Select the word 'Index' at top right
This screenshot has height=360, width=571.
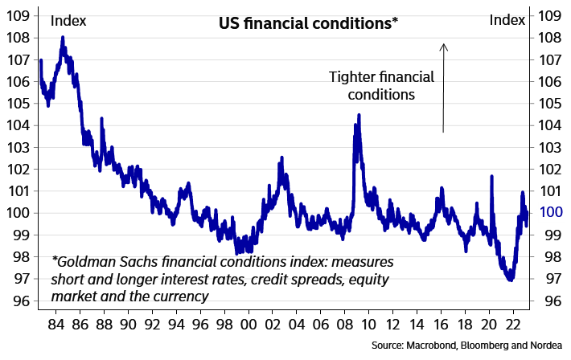(507, 19)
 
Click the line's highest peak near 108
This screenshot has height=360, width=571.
(63, 37)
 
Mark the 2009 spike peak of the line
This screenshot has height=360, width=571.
(359, 115)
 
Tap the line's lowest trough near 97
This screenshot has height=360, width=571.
(510, 280)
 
